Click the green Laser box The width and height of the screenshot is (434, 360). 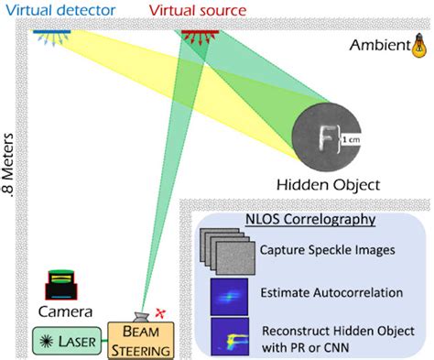point(67,338)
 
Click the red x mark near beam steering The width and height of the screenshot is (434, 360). point(165,313)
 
